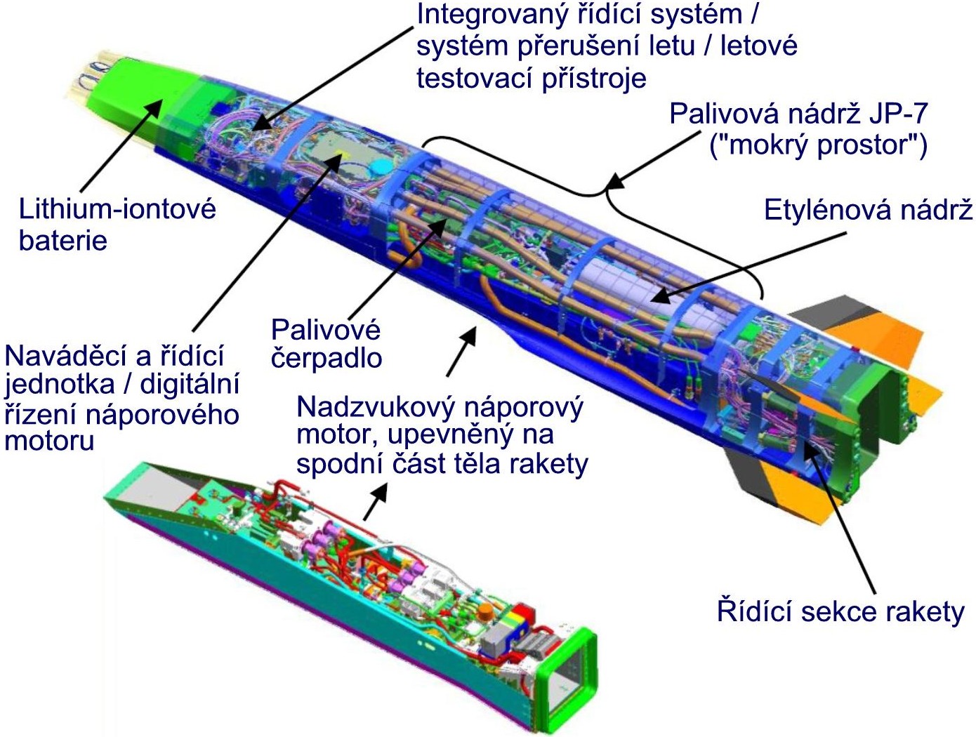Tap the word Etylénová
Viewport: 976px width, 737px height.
[x=824, y=211]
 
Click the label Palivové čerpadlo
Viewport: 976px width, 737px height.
[x=326, y=344]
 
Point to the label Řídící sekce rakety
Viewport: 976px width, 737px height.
[x=840, y=611]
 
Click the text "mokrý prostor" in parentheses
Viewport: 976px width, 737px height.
[x=819, y=145]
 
